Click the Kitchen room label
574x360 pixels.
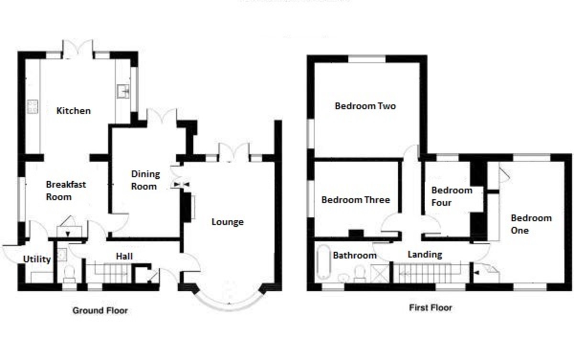[74, 111]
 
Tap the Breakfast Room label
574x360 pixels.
[66, 191]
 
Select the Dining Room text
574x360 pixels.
[145, 180]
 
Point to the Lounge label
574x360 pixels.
[228, 222]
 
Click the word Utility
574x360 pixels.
[37, 259]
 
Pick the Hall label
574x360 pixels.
[124, 256]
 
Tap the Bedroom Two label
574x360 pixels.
[365, 106]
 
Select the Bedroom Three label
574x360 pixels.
[356, 200]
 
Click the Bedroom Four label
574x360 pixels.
[452, 196]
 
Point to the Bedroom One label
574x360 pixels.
[531, 224]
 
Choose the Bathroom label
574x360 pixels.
[354, 255]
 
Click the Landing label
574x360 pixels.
[425, 255]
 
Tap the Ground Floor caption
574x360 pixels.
[100, 311]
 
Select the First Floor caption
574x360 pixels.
[430, 308]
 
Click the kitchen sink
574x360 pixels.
[123, 91]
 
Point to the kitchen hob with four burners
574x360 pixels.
[33, 107]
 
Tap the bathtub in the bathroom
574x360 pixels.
[324, 262]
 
